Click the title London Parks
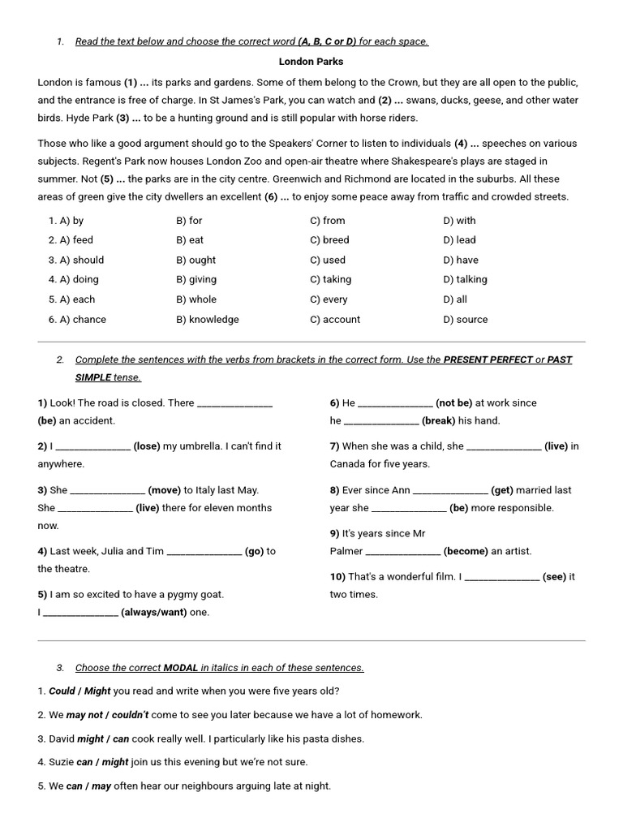(311, 61)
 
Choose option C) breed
(329, 239)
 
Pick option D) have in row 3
(461, 260)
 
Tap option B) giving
(196, 279)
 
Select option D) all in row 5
(455, 299)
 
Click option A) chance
(77, 319)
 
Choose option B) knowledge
(208, 319)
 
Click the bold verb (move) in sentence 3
(165, 490)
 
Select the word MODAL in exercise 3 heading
(181, 668)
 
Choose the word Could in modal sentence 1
(62, 691)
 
